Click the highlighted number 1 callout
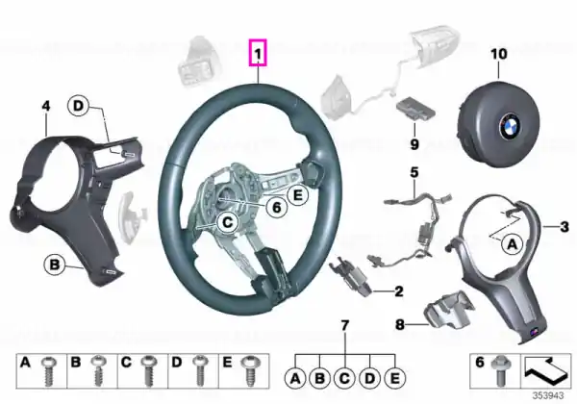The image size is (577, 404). pos(258,53)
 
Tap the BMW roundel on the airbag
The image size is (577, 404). pos(509,127)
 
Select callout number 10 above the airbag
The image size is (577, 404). pos(498,54)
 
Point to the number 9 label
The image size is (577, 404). pos(414,144)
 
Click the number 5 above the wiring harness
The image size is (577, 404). pos(414,172)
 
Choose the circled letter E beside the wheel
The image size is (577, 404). pos(297,194)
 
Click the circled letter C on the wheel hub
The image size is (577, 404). pos(227,222)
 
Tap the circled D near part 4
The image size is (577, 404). pos(79,106)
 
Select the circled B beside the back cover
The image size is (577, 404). pos(54,265)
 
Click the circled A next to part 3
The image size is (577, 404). pos(513,243)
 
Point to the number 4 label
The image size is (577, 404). pos(45,107)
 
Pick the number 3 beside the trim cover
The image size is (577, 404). pos(564,227)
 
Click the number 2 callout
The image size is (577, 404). pos(398,291)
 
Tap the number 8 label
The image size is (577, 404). pos(400,324)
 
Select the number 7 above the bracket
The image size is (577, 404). pos(345,326)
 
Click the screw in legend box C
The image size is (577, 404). pos(148,371)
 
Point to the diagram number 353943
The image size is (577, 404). pos(548,396)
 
